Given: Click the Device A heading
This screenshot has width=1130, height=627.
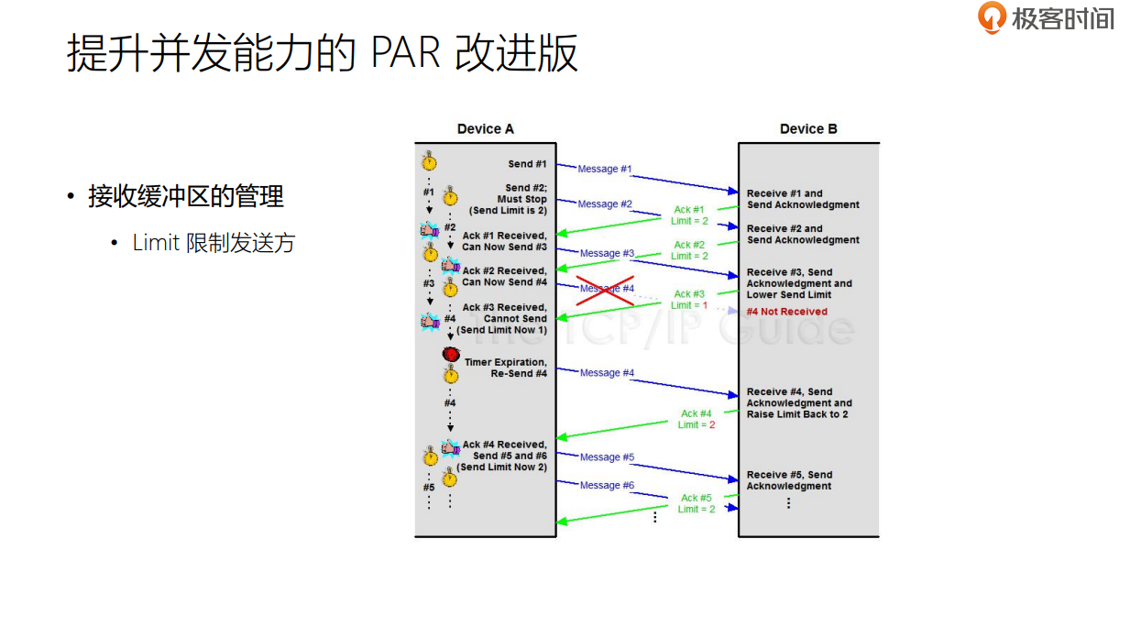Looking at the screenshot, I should pyautogui.click(x=486, y=129).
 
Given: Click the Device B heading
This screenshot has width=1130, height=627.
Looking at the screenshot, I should pyautogui.click(x=808, y=129).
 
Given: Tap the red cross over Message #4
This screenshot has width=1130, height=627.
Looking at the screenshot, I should pyautogui.click(x=605, y=289).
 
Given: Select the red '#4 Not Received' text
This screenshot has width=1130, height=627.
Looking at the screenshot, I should pyautogui.click(x=786, y=312).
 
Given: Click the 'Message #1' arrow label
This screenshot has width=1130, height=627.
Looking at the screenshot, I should pyautogui.click(x=604, y=169).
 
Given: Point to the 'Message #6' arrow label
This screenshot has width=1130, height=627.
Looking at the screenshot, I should pyautogui.click(x=607, y=485).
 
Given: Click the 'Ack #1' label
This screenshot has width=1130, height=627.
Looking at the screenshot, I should pyautogui.click(x=689, y=210).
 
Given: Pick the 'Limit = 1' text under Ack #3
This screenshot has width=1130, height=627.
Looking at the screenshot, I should pyautogui.click(x=689, y=305).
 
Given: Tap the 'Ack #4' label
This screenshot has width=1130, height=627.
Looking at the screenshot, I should pyautogui.click(x=697, y=413).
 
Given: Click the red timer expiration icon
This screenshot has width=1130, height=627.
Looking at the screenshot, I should pyautogui.click(x=451, y=354).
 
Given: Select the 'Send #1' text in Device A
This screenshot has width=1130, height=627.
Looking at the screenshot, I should pyautogui.click(x=527, y=164).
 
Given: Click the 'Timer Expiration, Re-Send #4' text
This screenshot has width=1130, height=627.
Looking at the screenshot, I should pyautogui.click(x=506, y=368).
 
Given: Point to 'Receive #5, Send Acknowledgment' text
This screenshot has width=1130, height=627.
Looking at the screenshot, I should pyautogui.click(x=789, y=480).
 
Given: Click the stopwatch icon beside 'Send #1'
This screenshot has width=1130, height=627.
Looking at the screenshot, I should pyautogui.click(x=429, y=162).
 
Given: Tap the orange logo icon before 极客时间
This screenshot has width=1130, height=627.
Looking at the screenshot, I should pyautogui.click(x=992, y=17).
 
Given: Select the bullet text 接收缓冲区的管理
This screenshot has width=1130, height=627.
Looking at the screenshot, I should pyautogui.click(x=186, y=196).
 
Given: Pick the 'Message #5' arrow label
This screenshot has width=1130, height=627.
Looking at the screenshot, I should pyautogui.click(x=607, y=457).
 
